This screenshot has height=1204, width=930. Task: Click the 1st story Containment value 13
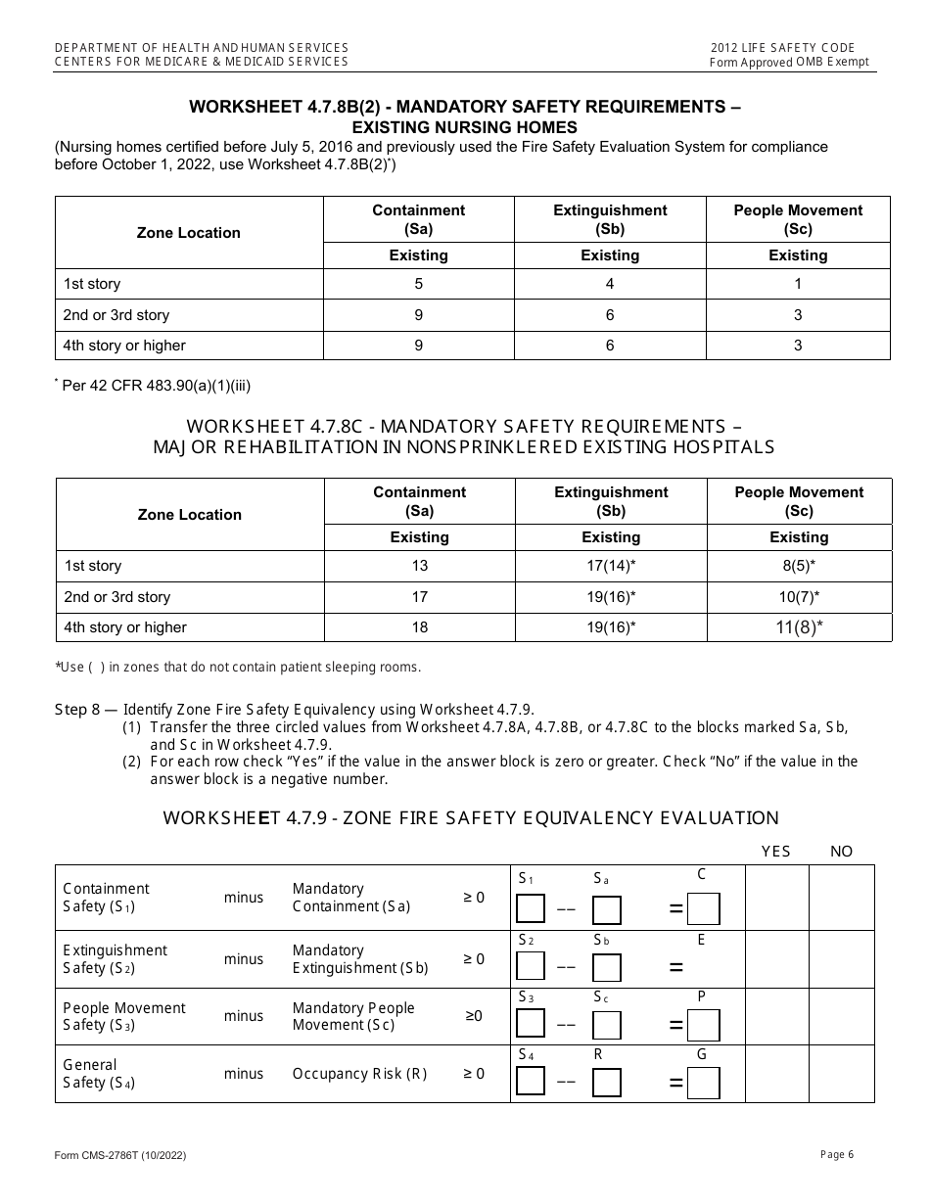(419, 566)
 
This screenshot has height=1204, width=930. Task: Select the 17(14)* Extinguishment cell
(611, 566)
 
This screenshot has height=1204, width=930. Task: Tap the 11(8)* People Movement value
(799, 627)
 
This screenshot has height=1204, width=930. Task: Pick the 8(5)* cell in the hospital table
(799, 566)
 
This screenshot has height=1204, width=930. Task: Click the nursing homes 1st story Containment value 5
(419, 284)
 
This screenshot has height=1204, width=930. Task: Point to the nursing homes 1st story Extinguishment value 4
(610, 284)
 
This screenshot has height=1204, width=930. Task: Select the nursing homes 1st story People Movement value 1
(798, 284)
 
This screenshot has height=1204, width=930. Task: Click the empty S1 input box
(531, 909)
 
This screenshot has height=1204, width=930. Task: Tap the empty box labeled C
(703, 909)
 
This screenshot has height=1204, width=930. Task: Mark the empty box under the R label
(606, 1083)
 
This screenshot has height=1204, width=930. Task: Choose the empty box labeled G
(703, 1083)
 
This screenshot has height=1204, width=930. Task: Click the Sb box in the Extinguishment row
(606, 967)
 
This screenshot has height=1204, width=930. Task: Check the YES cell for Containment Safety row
(777, 898)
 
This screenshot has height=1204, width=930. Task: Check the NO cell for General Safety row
(842, 1074)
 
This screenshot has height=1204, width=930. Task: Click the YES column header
(775, 852)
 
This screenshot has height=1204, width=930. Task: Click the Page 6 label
(837, 1155)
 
